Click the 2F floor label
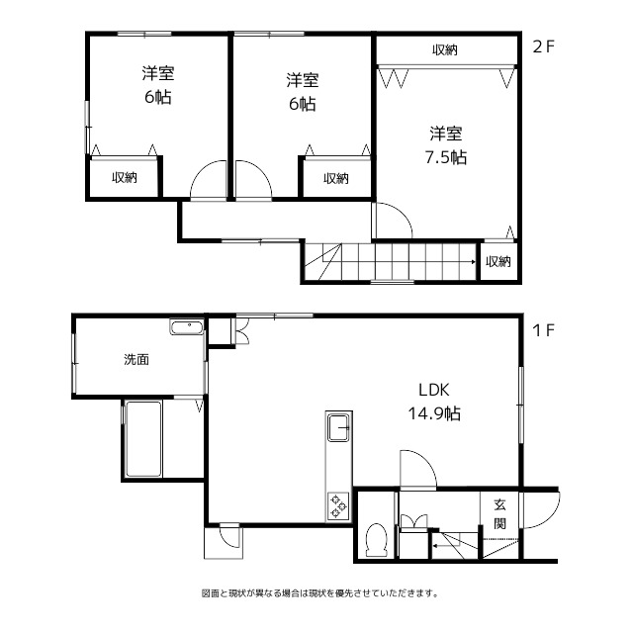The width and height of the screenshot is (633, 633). (x=543, y=47)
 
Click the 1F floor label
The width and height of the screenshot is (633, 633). (x=543, y=330)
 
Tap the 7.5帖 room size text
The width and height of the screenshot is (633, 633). (x=446, y=157)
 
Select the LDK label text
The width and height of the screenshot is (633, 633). (x=434, y=390)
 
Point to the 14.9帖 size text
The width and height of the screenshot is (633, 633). (x=434, y=413)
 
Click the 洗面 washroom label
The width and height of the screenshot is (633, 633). (x=136, y=359)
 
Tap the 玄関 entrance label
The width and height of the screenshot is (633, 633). (x=499, y=514)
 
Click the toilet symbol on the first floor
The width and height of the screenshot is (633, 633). (x=376, y=540)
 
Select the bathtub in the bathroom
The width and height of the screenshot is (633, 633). (x=143, y=439)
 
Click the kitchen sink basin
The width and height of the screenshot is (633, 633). (x=338, y=427)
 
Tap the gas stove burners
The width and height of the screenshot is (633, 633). (x=338, y=504)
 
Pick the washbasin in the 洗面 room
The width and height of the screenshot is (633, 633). (x=187, y=327)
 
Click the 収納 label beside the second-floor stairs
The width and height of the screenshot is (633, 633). (x=498, y=261)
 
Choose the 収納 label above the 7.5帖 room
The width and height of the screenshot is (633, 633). (x=445, y=50)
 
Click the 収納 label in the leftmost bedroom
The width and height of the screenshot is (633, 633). (x=125, y=177)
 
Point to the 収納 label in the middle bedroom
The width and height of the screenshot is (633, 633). (x=336, y=178)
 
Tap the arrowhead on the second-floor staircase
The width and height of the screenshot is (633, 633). (x=473, y=262)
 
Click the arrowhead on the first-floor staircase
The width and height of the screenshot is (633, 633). (x=435, y=546)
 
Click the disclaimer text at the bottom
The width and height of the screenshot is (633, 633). (x=319, y=593)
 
